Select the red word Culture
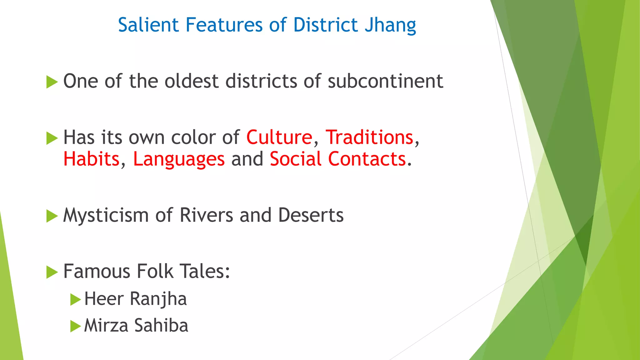[x=279, y=137]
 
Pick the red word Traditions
[x=369, y=137]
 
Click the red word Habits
[x=91, y=159]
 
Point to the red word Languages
[x=179, y=159]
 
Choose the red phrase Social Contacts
[x=338, y=159]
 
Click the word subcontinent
[x=385, y=81]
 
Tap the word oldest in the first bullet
[x=191, y=81]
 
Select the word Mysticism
[x=106, y=215]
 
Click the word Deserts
[x=311, y=215]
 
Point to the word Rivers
[x=206, y=215]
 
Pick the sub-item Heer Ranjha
[x=135, y=299]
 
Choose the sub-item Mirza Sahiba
[x=136, y=326]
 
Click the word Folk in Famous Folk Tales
[x=155, y=271]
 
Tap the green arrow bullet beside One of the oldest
[x=52, y=82]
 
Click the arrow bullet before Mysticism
[x=52, y=216]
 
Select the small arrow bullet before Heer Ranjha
[x=75, y=299]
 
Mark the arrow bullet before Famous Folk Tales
[x=52, y=272]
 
